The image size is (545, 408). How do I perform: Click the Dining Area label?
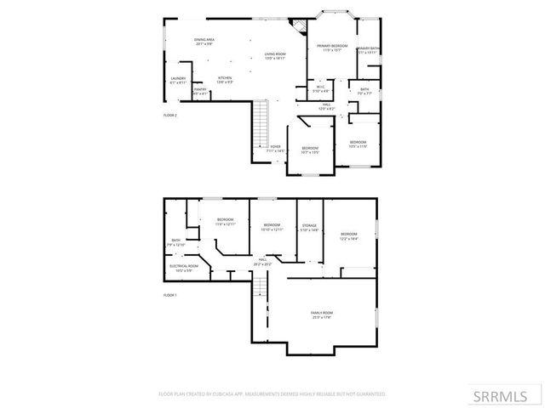[x=204, y=41]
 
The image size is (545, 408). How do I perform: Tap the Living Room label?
[x=274, y=56]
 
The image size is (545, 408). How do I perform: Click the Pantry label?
[x=200, y=91]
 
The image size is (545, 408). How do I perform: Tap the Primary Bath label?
[x=368, y=50]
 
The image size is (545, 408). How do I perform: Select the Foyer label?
[x=275, y=148]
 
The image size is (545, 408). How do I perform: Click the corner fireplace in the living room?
[x=297, y=26]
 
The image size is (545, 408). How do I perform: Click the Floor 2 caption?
[x=170, y=115]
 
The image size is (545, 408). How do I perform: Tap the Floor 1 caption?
[x=169, y=295]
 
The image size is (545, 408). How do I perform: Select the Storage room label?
[x=309, y=227]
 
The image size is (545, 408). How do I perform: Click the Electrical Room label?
[x=183, y=267]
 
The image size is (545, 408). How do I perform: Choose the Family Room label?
[x=321, y=314]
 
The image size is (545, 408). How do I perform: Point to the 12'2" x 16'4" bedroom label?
[x=349, y=235]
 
